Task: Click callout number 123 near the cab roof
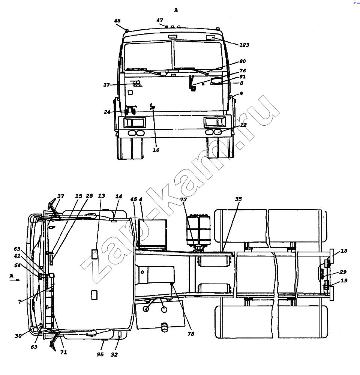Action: [244, 45]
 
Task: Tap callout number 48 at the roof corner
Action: [117, 21]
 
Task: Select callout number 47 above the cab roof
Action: [160, 20]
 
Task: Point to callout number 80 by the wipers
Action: [242, 61]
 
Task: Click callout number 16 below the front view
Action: [156, 150]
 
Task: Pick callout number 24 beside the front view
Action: [106, 112]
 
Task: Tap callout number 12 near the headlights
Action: [243, 125]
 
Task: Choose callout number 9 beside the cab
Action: [241, 93]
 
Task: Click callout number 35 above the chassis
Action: [238, 199]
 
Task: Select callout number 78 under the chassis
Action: [190, 334]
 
